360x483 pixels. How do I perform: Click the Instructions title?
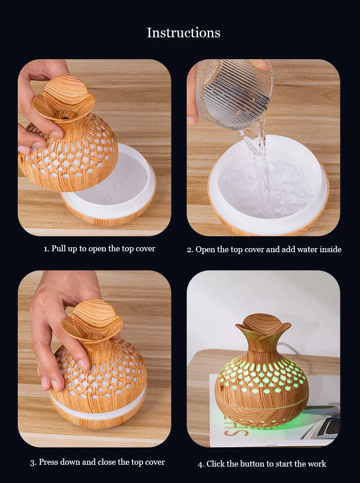(183, 33)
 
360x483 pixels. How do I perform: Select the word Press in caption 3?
(48, 462)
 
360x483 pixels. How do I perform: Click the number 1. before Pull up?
(46, 249)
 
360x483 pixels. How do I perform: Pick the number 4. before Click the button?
(201, 464)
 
